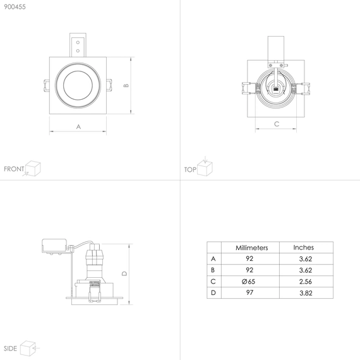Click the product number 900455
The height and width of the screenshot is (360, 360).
tap(15, 7)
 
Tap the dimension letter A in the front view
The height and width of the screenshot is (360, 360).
tap(78, 127)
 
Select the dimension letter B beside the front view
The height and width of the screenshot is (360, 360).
tap(126, 85)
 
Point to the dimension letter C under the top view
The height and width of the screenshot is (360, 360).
tap(277, 124)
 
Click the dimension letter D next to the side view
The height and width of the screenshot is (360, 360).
tap(124, 273)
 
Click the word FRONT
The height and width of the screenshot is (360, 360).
tap(14, 169)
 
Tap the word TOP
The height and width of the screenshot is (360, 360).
tap(190, 170)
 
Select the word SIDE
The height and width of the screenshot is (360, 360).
tap(10, 349)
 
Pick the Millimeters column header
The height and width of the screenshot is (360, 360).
tap(251, 248)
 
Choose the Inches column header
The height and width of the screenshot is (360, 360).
tap(304, 248)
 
